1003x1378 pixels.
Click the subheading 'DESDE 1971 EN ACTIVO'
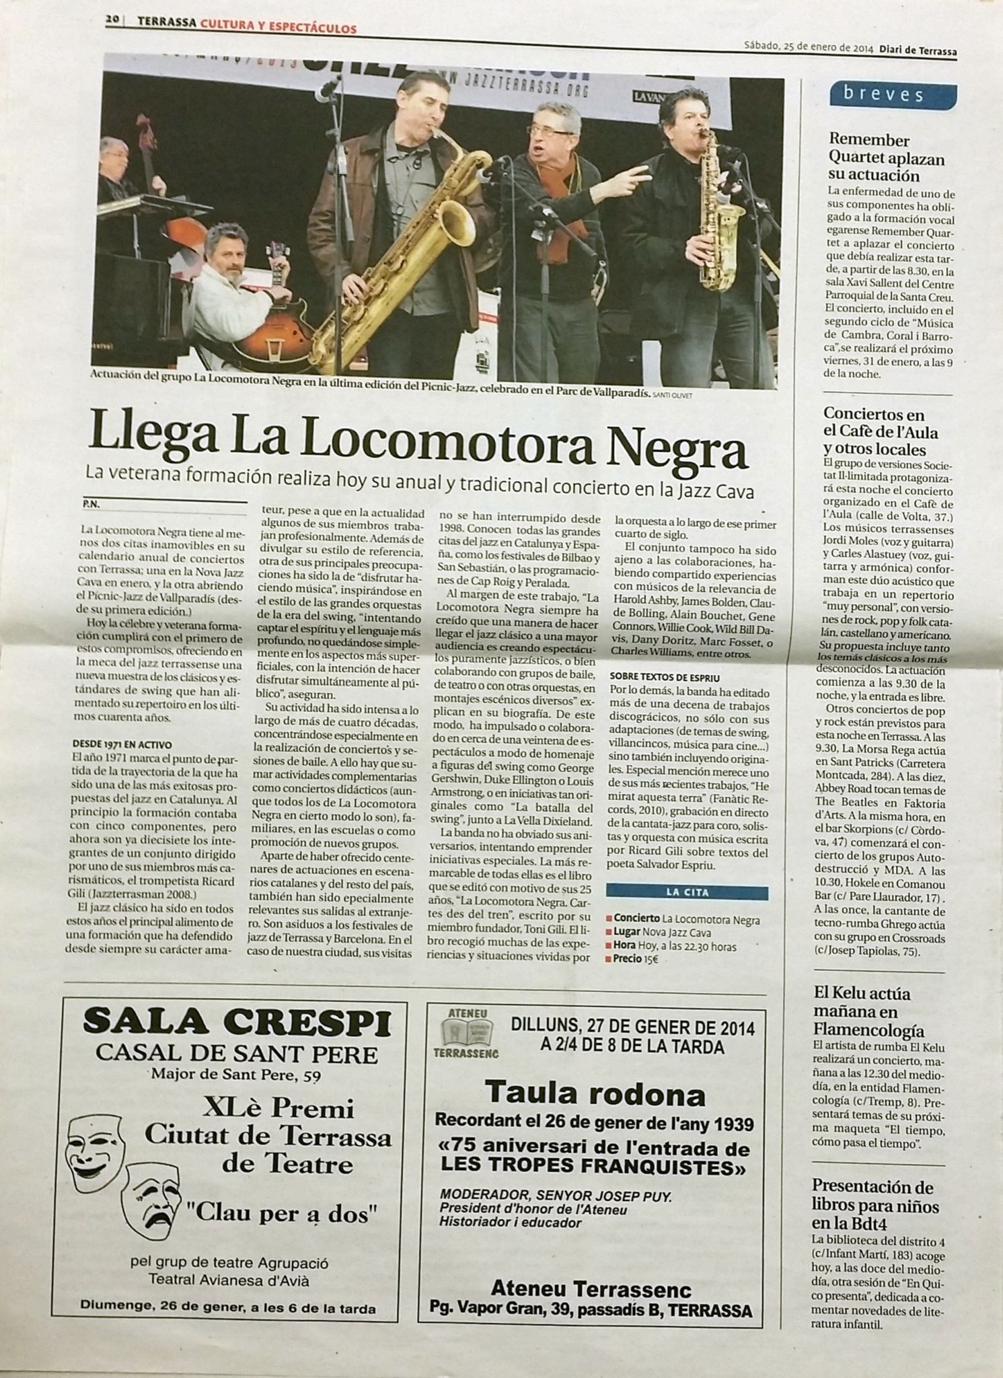pos(122,745)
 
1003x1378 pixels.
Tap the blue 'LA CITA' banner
pos(687,892)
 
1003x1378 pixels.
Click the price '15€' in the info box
pos(650,959)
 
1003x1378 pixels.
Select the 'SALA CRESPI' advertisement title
pos(236,1023)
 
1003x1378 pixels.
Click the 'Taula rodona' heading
pos(595,1093)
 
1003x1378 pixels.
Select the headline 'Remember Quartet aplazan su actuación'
pos(877,157)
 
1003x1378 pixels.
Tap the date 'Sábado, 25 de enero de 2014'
pos(808,48)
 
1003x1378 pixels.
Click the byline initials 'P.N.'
pos(91,503)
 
